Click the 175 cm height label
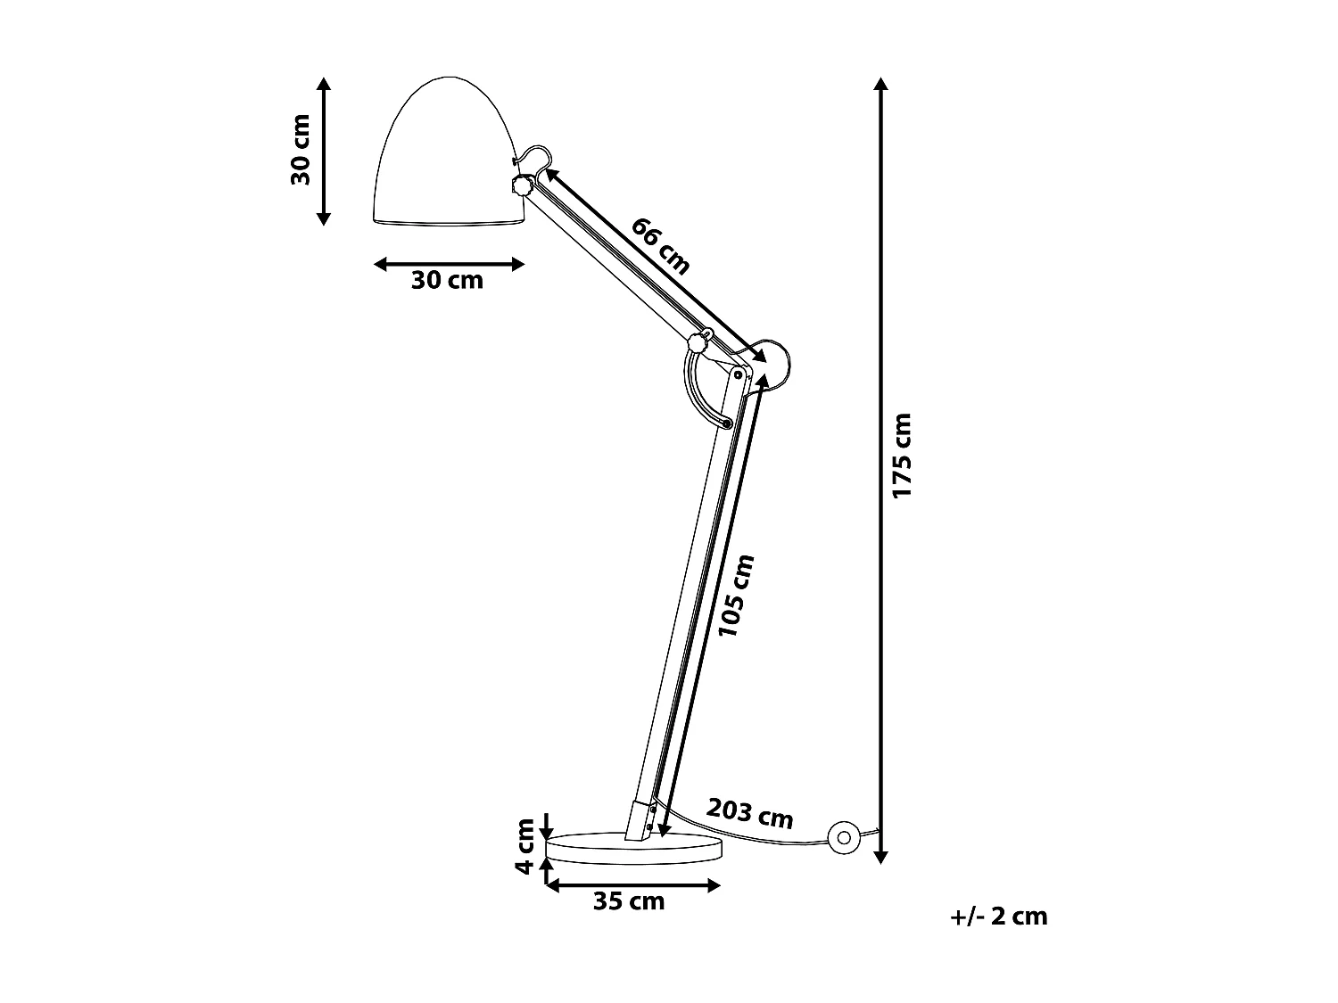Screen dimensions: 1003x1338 tap(903, 456)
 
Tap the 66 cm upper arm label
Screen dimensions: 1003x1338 tap(660, 245)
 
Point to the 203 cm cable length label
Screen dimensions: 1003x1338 tap(750, 812)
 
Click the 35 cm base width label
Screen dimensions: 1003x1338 tap(630, 901)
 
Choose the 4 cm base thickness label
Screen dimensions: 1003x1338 tap(525, 846)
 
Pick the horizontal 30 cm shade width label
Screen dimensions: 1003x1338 tap(447, 281)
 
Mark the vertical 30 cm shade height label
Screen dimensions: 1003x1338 tap(301, 150)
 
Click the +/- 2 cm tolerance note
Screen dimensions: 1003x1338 tap(999, 916)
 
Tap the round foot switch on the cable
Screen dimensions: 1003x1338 tap(842, 837)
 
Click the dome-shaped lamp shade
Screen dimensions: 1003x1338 tap(446, 156)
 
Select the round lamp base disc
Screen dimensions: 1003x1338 tap(635, 848)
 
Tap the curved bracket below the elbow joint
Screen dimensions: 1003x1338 tap(700, 392)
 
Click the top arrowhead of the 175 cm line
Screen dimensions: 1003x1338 tap(881, 85)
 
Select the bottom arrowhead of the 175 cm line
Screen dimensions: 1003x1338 tap(881, 857)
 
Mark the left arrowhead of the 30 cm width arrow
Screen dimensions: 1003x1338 tap(381, 264)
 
